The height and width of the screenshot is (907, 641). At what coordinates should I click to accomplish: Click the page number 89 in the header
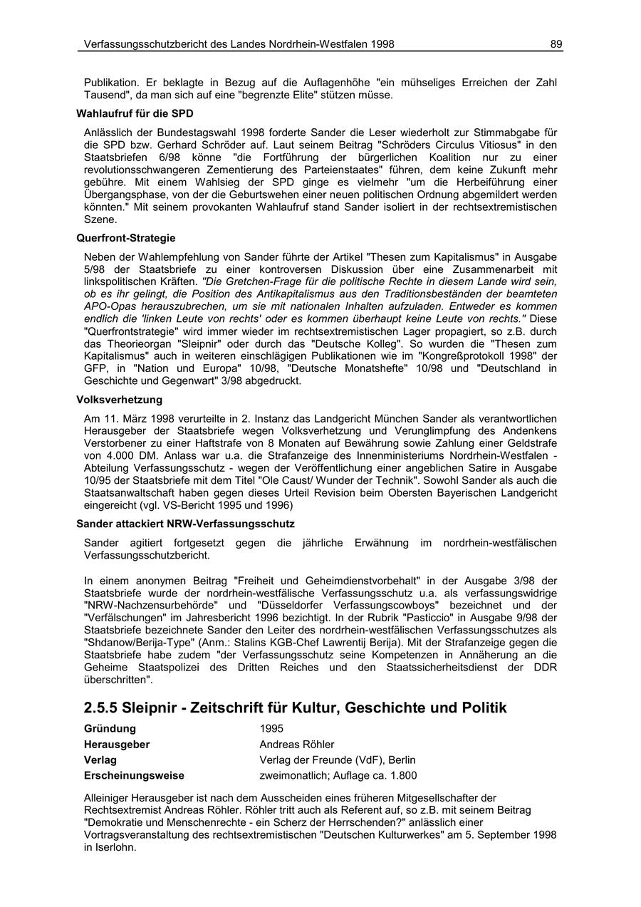556,44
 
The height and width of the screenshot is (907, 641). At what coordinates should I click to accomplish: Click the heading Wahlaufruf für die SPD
135,113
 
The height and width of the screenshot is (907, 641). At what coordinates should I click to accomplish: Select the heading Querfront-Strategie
125,238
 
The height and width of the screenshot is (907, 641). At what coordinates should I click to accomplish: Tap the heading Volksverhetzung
119,400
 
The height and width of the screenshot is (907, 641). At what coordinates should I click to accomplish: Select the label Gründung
110,728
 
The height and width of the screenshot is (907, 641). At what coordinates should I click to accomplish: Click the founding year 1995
271,728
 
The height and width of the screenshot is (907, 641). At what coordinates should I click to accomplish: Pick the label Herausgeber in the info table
117,744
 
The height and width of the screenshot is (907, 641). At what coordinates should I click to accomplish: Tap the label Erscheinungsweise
134,775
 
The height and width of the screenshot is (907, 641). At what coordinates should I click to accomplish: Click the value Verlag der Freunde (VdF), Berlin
338,760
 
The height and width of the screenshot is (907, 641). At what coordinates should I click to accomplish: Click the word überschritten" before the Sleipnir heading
118,680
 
